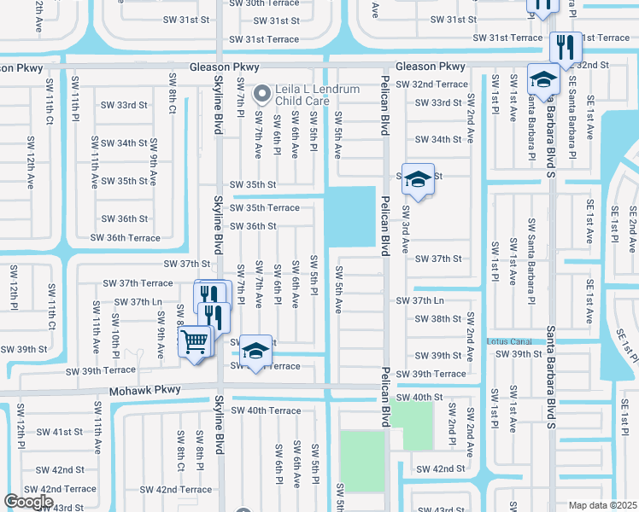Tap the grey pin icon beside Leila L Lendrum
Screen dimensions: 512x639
(x=267, y=90)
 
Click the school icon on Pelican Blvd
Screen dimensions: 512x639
(x=418, y=179)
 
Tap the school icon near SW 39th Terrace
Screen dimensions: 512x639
(x=255, y=350)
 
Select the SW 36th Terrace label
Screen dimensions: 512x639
(x=125, y=238)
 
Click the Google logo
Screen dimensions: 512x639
(x=28, y=502)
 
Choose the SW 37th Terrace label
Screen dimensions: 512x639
(x=138, y=283)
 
